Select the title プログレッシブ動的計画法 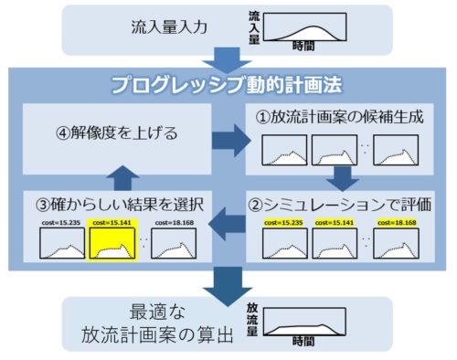pos(228,85)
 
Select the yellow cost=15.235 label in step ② pos(283,221)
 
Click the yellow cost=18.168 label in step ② pos(395,221)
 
